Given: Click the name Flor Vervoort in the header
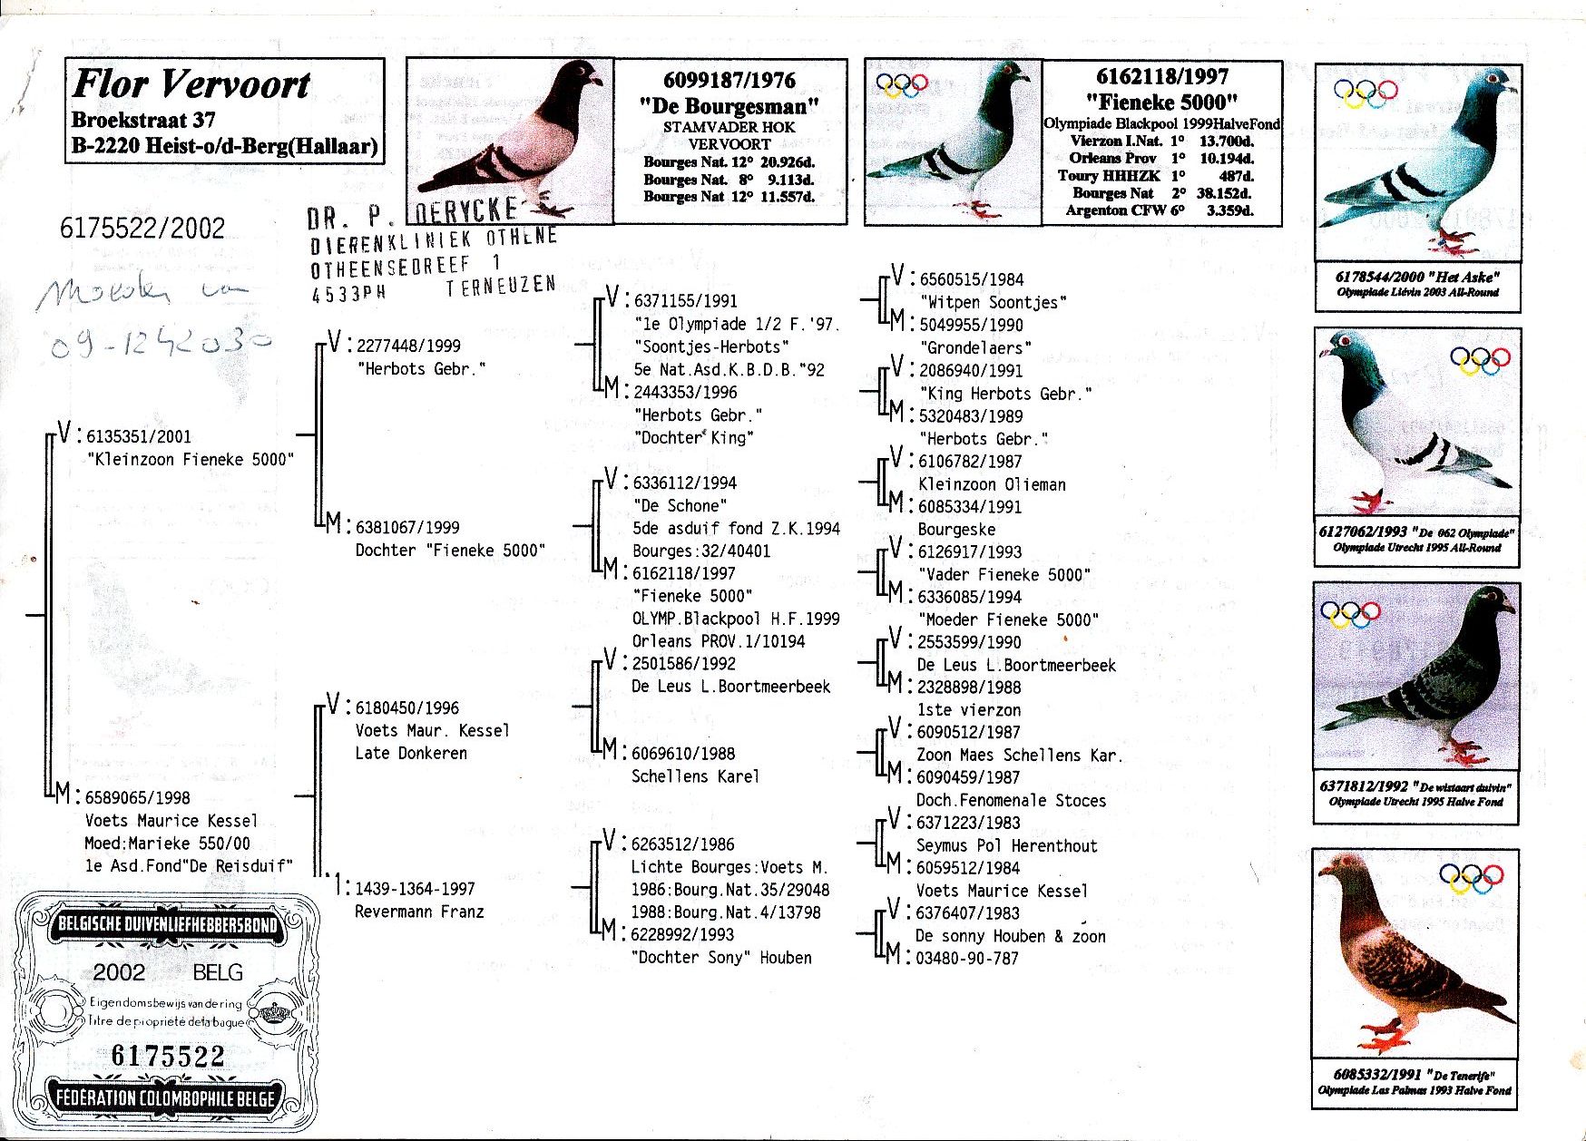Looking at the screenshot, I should [191, 84].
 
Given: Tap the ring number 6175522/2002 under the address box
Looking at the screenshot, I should [142, 228].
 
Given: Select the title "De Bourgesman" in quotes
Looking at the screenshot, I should [729, 106].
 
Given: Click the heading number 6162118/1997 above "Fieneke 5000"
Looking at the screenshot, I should [1161, 77].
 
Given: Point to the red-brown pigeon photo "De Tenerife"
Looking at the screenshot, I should [1415, 952].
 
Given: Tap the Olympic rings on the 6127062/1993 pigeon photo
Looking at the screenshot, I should [1480, 360].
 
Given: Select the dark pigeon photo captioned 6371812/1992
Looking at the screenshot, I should [1415, 676].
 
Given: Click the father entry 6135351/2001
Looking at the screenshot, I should [139, 436].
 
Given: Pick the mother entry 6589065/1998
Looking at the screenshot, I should [138, 798].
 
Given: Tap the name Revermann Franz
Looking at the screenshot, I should [419, 912].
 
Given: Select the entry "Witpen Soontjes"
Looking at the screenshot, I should [994, 302].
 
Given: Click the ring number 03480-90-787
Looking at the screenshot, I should [967, 959].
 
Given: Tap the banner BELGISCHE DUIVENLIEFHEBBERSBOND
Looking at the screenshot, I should [168, 925].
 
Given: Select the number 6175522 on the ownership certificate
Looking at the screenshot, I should [168, 1056].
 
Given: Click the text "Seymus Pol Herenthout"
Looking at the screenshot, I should [1006, 845].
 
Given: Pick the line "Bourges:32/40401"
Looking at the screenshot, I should [701, 551].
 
